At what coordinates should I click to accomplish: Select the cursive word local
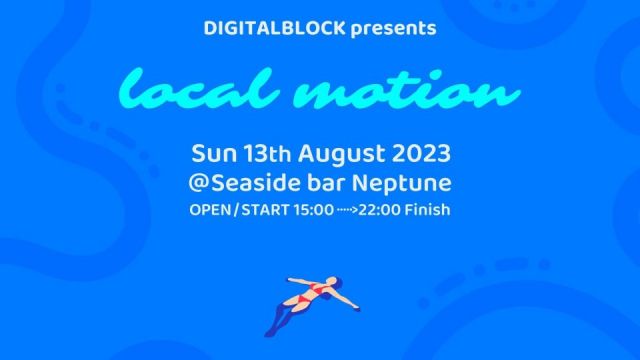point(189,92)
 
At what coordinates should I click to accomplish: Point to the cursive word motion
point(407,92)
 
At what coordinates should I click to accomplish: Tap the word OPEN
point(210,211)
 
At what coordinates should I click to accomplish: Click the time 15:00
point(314,211)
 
